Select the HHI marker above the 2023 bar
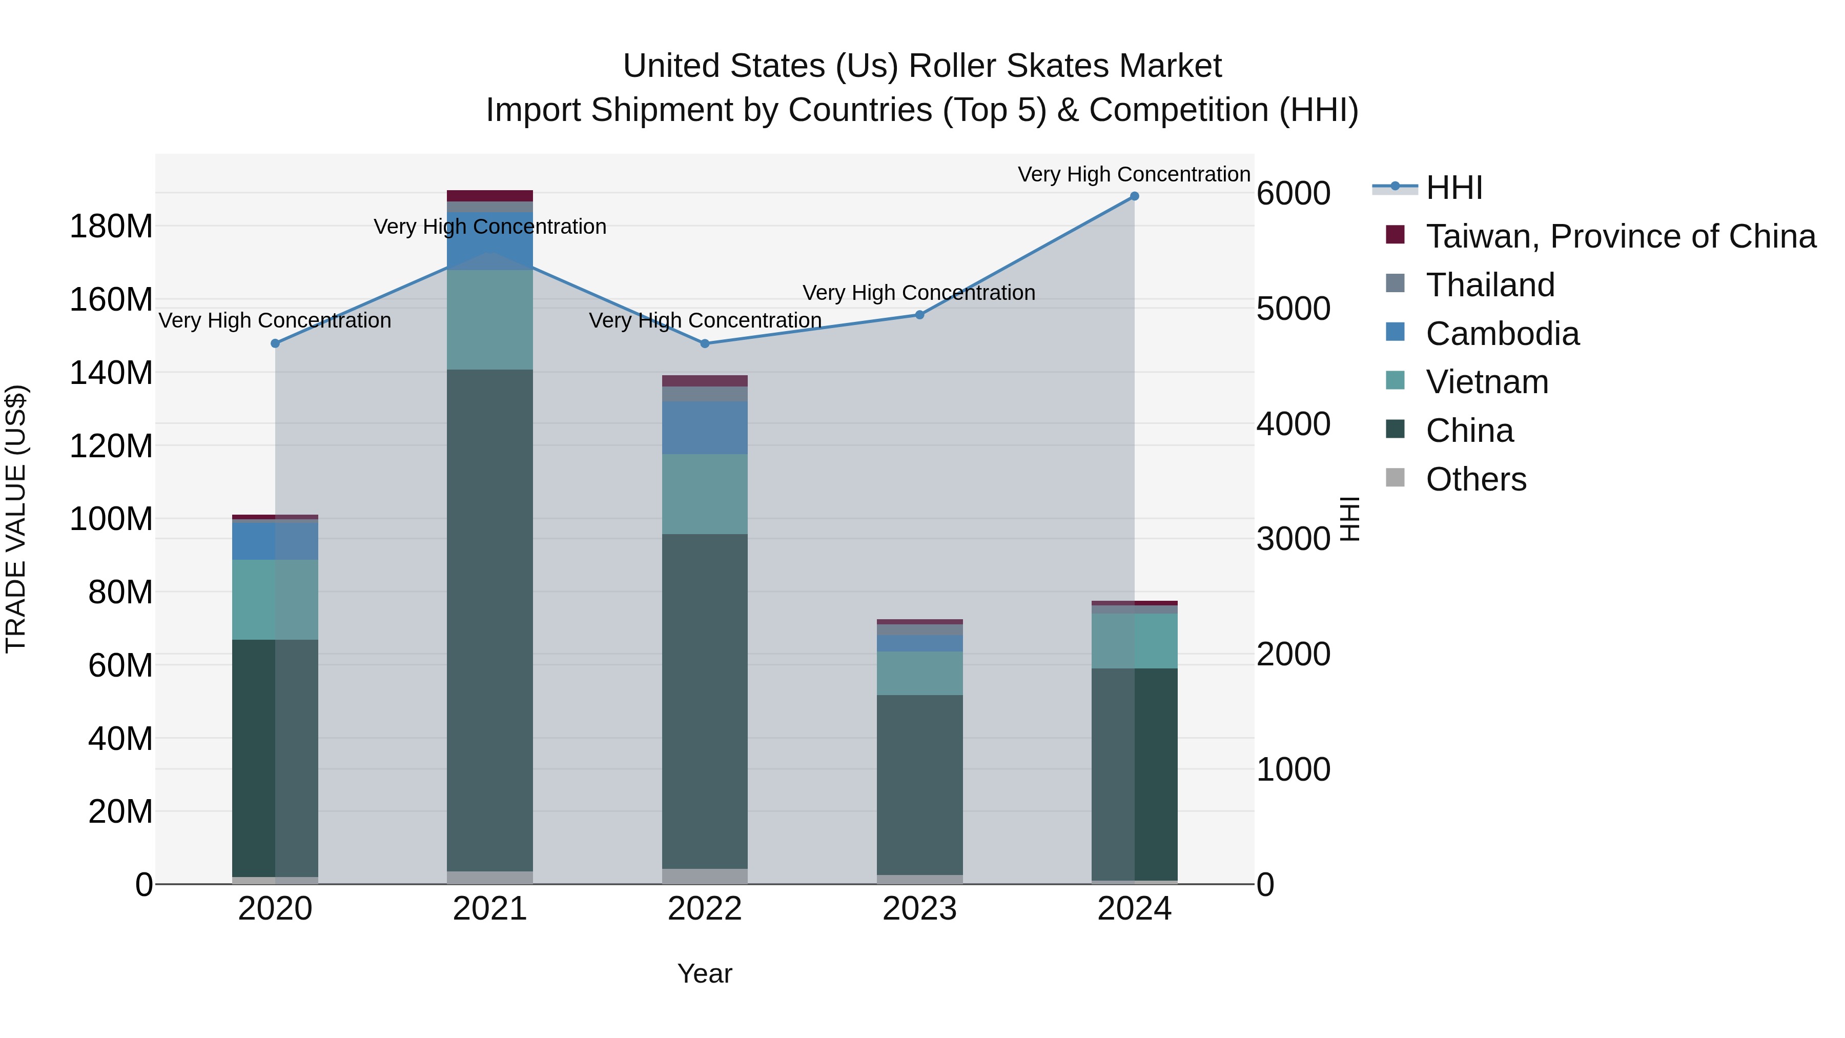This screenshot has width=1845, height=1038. coord(919,315)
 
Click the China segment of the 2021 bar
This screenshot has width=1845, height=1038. coord(490,620)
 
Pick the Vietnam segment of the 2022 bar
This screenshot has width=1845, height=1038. coord(705,494)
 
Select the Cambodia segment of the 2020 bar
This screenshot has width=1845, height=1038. coord(275,541)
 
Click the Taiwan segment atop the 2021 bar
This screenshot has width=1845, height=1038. coord(490,196)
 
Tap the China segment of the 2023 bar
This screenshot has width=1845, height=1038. coord(919,784)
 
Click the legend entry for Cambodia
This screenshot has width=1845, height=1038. coord(1502,334)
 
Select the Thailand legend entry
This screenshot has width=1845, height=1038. coord(1490,285)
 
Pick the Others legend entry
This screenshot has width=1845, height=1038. coord(1475,479)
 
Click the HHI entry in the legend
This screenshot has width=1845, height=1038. coord(1453,188)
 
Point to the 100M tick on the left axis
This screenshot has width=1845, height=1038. coord(111,519)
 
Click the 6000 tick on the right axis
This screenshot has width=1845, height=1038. coord(1293,193)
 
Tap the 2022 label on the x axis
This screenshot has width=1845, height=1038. coord(705,909)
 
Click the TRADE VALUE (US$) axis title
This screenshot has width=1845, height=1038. coord(16,519)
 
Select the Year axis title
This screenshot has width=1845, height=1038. coord(705,973)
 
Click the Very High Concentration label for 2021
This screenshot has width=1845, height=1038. coord(490,227)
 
